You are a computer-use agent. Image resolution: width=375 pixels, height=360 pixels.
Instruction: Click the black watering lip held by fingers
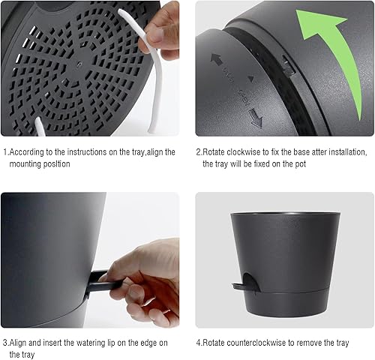click(101, 283)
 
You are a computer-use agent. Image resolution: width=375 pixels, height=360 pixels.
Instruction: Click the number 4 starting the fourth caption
click(199, 343)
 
